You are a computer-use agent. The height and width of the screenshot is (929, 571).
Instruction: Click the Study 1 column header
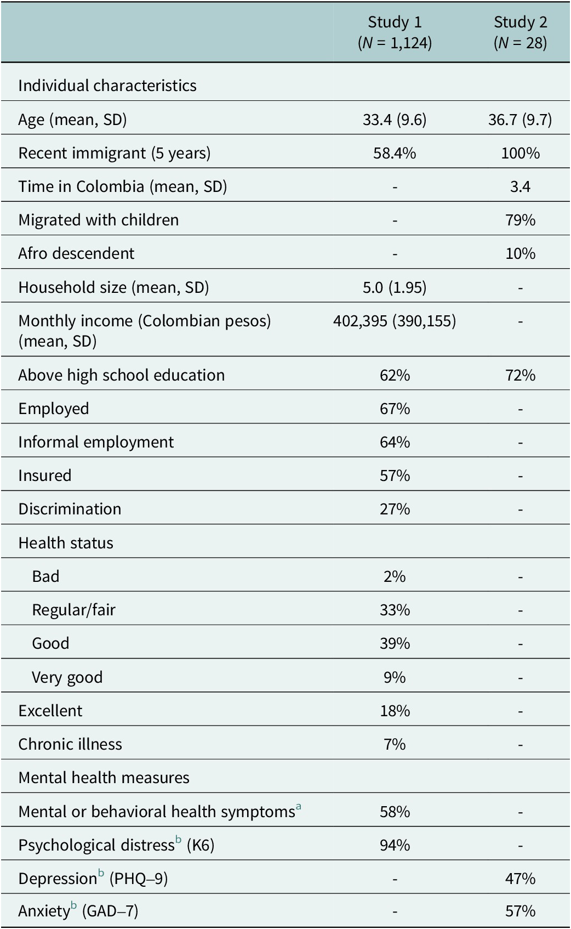tap(395, 32)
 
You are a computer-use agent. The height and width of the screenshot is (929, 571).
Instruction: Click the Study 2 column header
tap(520, 32)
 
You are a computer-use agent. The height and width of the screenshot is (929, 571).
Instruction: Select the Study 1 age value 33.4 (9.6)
tap(395, 120)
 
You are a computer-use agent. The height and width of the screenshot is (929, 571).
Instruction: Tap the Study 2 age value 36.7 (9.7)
tap(520, 120)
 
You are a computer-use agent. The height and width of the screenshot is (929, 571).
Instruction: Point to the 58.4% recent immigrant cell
tap(395, 154)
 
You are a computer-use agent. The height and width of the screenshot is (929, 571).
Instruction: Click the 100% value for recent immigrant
tap(521, 154)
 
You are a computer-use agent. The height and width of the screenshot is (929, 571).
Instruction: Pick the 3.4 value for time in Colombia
tap(520, 186)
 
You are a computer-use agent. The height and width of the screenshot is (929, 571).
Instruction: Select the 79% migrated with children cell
tap(521, 220)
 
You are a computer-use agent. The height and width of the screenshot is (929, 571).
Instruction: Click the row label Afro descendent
tap(76, 253)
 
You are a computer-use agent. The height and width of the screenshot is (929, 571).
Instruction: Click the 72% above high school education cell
tap(521, 375)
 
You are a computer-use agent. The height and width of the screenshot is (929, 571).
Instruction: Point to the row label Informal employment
tap(96, 443)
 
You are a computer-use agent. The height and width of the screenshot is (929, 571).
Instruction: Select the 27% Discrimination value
tap(395, 509)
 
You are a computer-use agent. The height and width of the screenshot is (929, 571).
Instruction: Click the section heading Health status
tap(66, 543)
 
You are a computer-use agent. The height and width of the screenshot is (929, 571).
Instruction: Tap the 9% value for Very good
tap(395, 677)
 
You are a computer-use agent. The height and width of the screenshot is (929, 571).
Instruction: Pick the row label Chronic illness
tap(70, 744)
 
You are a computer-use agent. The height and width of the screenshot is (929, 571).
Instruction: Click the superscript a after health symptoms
tap(298, 806)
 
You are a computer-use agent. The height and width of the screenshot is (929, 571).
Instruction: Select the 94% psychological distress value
tap(395, 845)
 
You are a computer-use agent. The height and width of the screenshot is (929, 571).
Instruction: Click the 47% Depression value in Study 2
tap(521, 879)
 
